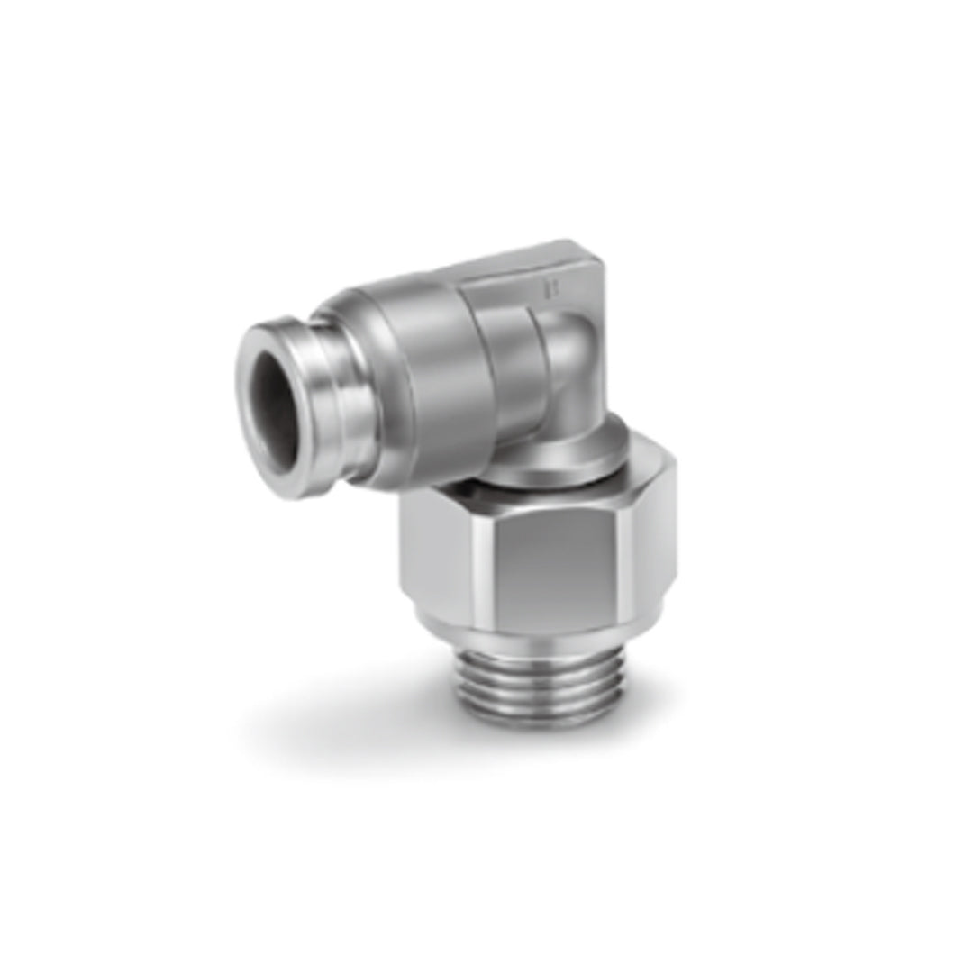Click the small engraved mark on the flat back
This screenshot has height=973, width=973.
(543, 290)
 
